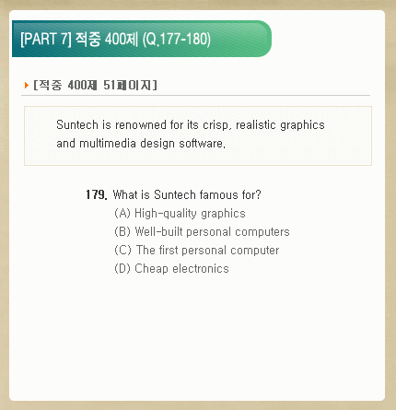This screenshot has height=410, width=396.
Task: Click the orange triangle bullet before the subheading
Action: [x=27, y=85]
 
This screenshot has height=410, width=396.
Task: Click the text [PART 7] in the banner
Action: [x=46, y=40]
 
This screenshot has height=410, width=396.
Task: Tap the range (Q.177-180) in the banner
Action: [x=177, y=40]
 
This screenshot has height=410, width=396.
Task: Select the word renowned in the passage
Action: [x=141, y=125]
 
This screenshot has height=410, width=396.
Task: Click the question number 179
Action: [x=97, y=194]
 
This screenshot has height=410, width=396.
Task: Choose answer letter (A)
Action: [x=122, y=213]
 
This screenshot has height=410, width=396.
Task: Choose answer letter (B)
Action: [x=122, y=231]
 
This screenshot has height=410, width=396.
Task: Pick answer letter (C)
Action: [x=122, y=250]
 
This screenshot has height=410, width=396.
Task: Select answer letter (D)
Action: [x=122, y=268]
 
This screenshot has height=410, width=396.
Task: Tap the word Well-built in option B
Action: [x=159, y=231]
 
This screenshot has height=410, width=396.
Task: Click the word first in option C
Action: [x=169, y=250]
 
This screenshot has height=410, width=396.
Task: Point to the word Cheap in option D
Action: [x=151, y=269]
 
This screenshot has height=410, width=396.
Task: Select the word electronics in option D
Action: [x=201, y=268]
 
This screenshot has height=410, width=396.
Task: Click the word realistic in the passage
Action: [x=256, y=125]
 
